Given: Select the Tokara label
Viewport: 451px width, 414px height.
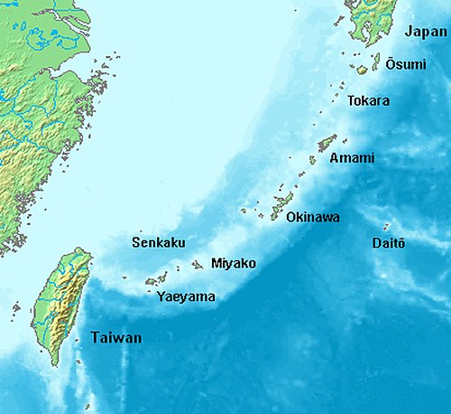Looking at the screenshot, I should pos(369,100).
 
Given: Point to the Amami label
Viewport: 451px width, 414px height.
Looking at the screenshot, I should pos(352,158).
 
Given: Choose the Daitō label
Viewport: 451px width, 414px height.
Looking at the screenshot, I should pos(389,243).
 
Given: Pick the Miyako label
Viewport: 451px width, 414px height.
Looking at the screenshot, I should pos(233,263).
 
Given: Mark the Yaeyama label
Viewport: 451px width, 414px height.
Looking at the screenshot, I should pos(185,296).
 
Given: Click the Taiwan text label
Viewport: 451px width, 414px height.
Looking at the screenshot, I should pos(115,338).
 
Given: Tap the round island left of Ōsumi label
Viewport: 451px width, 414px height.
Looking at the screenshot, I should pos(361,69).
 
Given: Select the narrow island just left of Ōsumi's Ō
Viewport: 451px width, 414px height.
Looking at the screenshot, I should pos(376,61).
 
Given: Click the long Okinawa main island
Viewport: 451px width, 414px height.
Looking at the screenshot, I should pos(281,206).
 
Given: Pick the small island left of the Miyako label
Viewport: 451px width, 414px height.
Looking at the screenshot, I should pos(198,265).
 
